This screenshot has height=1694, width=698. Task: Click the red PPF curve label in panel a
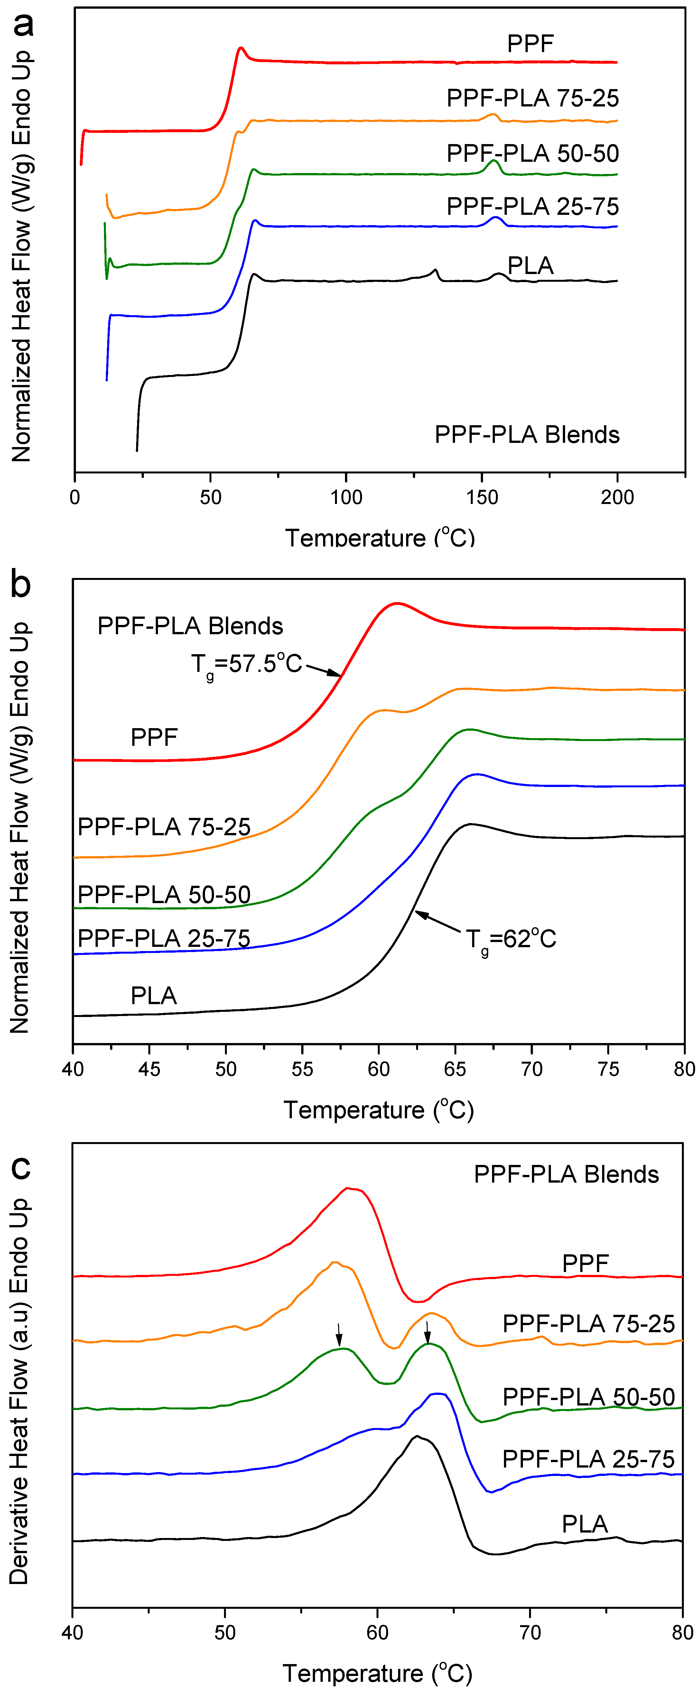530,44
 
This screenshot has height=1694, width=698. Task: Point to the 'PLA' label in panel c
584,1524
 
